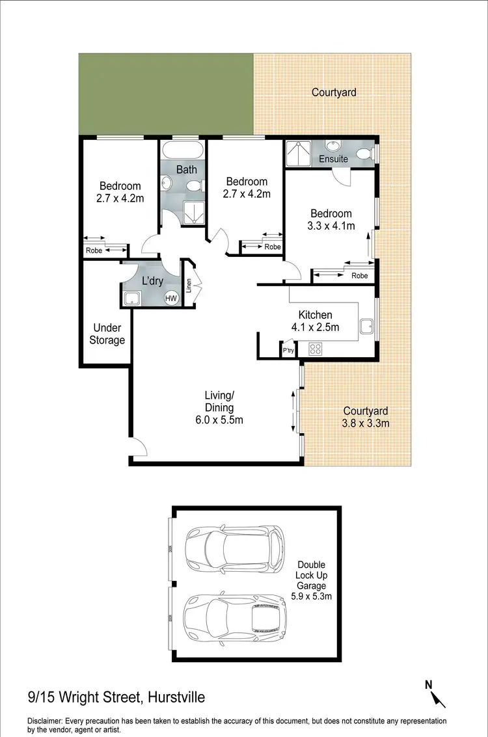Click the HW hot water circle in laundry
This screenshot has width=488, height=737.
[171, 298]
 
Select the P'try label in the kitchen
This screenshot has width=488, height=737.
[288, 351]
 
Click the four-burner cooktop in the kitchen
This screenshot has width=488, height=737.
[316, 349]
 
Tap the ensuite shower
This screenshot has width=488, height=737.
[297, 154]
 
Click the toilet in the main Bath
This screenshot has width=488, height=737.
[193, 187]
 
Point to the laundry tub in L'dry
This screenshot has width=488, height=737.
[132, 299]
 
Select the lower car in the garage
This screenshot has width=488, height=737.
[236, 614]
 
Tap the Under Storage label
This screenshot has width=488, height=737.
[108, 334]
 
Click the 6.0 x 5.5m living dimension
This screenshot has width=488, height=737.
[223, 420]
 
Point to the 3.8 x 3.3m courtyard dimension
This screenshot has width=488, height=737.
[366, 423]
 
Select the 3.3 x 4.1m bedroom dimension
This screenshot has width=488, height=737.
[331, 226]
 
